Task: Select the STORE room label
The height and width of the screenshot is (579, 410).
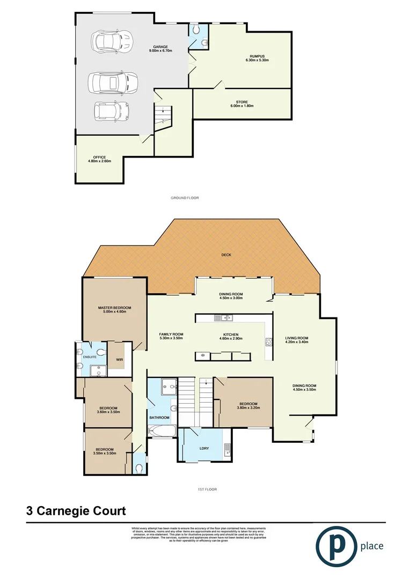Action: [x=241, y=104]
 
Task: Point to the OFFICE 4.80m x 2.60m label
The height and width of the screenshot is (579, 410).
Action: [x=99, y=159]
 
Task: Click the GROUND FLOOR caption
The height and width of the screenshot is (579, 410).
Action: [x=185, y=198]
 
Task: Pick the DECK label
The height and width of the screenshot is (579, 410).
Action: [x=226, y=255]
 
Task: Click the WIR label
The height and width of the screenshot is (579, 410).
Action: [x=120, y=360]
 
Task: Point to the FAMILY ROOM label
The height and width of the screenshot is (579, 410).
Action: [x=171, y=336]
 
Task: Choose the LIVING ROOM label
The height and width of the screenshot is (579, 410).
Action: [x=296, y=340]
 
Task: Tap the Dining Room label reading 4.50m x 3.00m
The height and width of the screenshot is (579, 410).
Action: [x=231, y=296]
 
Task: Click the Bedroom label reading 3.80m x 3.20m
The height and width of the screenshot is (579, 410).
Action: [x=248, y=406]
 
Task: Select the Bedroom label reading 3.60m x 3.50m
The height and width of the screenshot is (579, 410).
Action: [x=108, y=410]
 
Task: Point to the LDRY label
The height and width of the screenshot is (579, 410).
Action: [x=204, y=448]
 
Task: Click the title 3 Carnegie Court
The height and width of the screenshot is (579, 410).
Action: [x=76, y=511]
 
